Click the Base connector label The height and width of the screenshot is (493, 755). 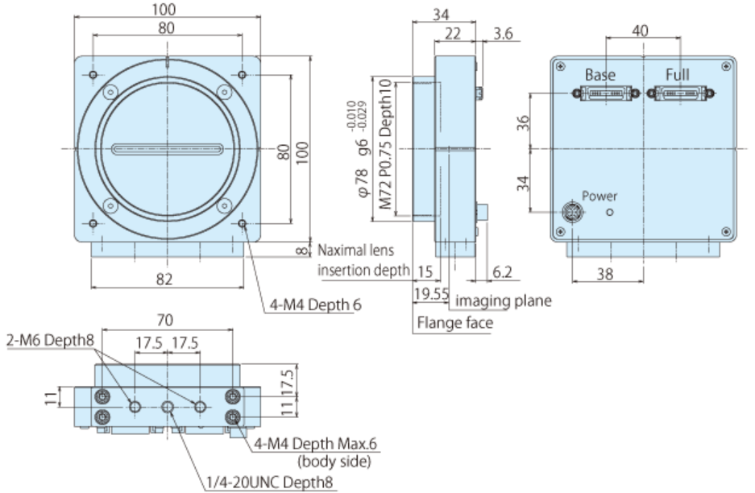click(600, 74)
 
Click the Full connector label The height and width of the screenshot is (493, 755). click(678, 74)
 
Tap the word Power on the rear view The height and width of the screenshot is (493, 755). click(599, 196)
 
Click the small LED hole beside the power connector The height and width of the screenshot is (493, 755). click(610, 213)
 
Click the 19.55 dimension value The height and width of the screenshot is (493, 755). click(431, 296)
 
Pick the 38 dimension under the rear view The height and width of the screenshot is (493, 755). click(604, 274)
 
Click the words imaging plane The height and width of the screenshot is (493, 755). click(504, 301)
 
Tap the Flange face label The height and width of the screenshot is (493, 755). click(454, 323)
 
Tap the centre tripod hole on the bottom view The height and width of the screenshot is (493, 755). click(168, 407)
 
